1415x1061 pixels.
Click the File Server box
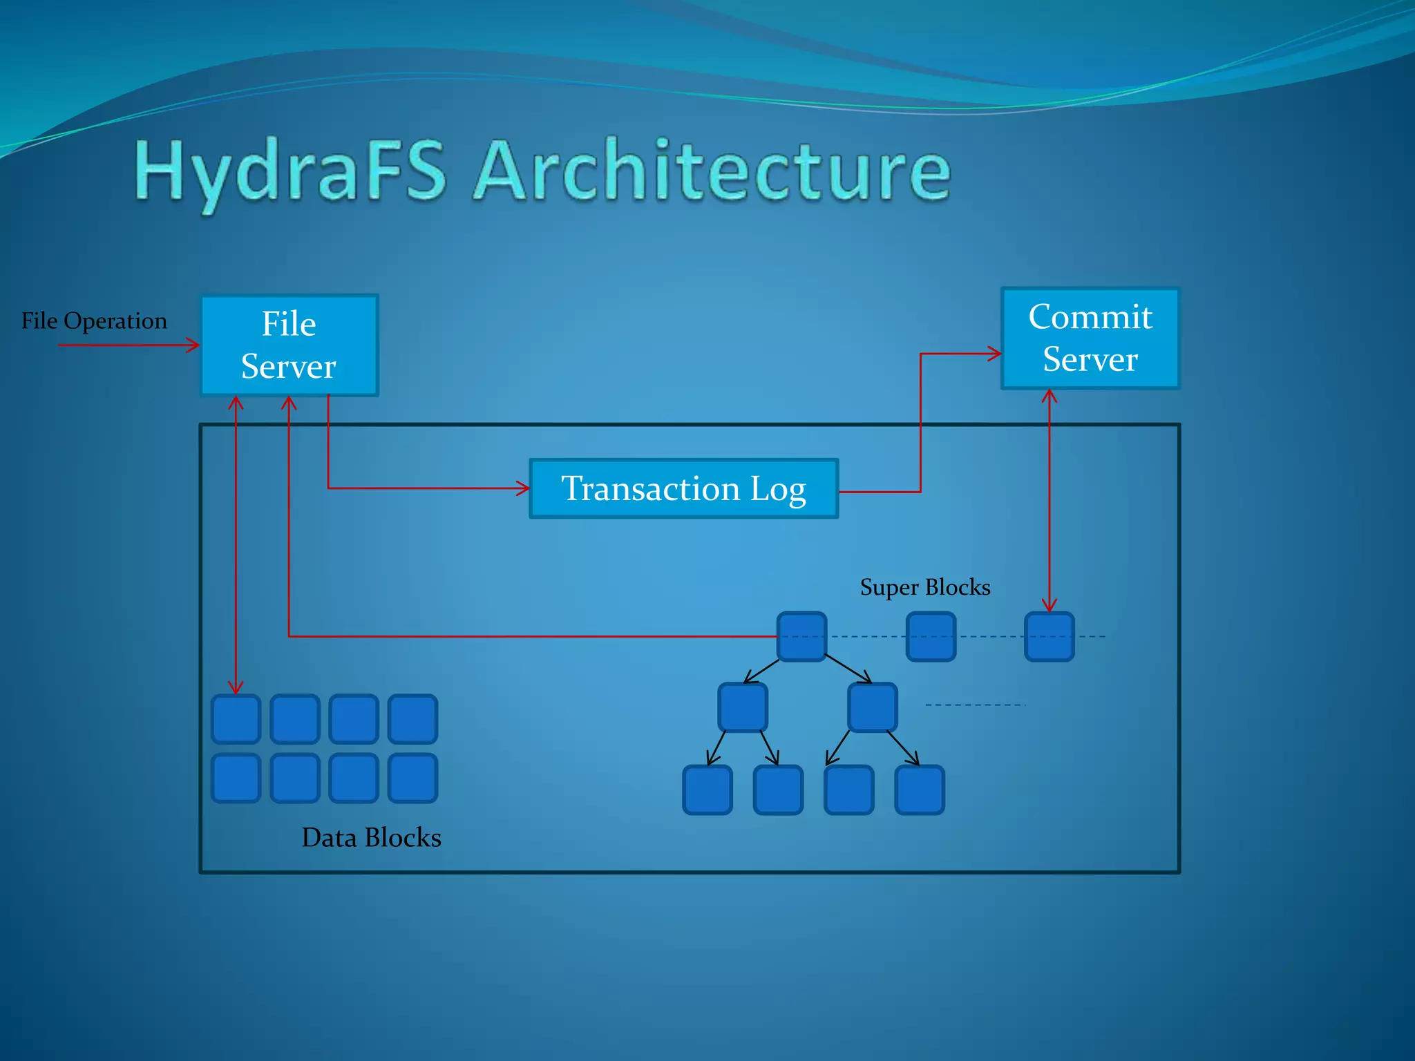289,345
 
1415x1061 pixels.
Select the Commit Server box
1090,338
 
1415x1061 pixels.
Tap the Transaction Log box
683,488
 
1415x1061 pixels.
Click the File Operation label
94,321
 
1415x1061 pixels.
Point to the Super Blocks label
924,587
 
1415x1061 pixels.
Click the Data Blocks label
371,837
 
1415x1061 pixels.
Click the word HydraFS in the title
290,171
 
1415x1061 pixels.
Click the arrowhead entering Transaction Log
524,488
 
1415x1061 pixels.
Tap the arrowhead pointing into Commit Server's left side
996,354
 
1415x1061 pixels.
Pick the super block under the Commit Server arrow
1049,636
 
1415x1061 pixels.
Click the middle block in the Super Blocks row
931,636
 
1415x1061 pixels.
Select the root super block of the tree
801,636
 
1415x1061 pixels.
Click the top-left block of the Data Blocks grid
236,718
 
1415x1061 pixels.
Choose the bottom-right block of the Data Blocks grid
412,778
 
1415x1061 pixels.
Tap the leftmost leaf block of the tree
707,790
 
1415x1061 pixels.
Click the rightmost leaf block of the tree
919,790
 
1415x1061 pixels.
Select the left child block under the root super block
743,707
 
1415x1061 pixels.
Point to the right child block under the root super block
873,707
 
